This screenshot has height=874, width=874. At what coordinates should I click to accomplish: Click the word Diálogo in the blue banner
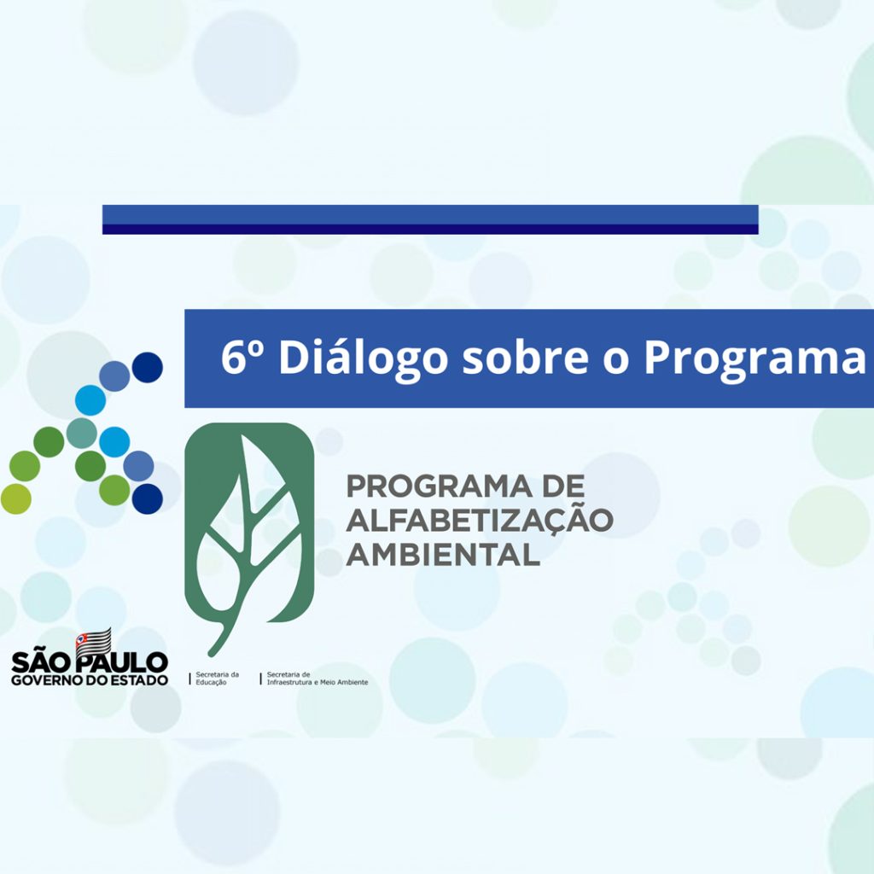click(363, 359)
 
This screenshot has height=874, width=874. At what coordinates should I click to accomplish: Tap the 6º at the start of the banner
click(242, 356)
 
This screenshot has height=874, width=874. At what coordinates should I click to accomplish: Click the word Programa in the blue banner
click(755, 359)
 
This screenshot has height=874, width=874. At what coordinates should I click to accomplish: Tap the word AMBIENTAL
click(443, 554)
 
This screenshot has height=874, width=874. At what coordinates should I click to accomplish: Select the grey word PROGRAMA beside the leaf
click(439, 486)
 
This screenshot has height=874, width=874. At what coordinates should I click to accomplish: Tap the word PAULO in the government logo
click(122, 662)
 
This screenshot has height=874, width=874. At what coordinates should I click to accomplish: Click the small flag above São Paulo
click(93, 641)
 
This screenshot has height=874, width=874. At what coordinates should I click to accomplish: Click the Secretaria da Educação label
click(218, 679)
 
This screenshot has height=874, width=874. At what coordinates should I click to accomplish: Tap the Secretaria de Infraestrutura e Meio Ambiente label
click(318, 679)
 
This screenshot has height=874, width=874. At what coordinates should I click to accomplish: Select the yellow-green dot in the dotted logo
click(15, 498)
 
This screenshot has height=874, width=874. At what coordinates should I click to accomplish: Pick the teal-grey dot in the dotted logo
click(81, 433)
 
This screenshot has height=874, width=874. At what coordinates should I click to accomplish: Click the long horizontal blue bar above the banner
click(430, 219)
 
